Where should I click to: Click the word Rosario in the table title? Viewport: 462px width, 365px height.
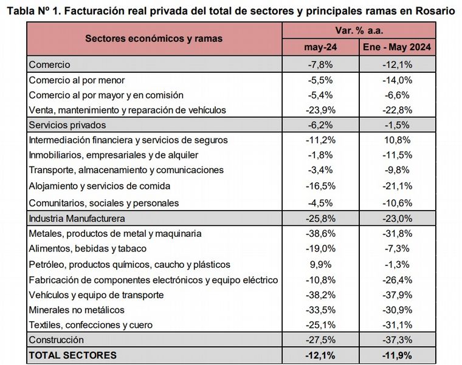(x=435, y=10)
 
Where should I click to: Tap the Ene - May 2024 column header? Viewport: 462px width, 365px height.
(x=397, y=47)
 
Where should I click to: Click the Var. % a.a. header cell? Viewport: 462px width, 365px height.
(x=359, y=30)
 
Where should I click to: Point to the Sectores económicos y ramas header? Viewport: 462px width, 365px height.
(x=154, y=38)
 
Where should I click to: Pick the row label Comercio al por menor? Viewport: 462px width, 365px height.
(x=77, y=80)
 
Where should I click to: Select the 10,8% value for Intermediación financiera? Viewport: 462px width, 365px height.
(x=397, y=140)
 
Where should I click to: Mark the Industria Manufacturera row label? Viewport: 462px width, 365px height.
(x=77, y=218)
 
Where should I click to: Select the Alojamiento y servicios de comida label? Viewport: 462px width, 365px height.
(x=100, y=186)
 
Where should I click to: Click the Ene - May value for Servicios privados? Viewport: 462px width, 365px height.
(x=397, y=125)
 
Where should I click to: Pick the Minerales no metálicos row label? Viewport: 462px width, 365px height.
(x=77, y=310)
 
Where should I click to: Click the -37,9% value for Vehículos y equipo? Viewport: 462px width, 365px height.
(x=397, y=295)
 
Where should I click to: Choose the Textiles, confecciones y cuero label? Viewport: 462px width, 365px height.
(x=91, y=325)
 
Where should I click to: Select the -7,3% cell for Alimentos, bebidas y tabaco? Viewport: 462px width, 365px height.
(x=397, y=248)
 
